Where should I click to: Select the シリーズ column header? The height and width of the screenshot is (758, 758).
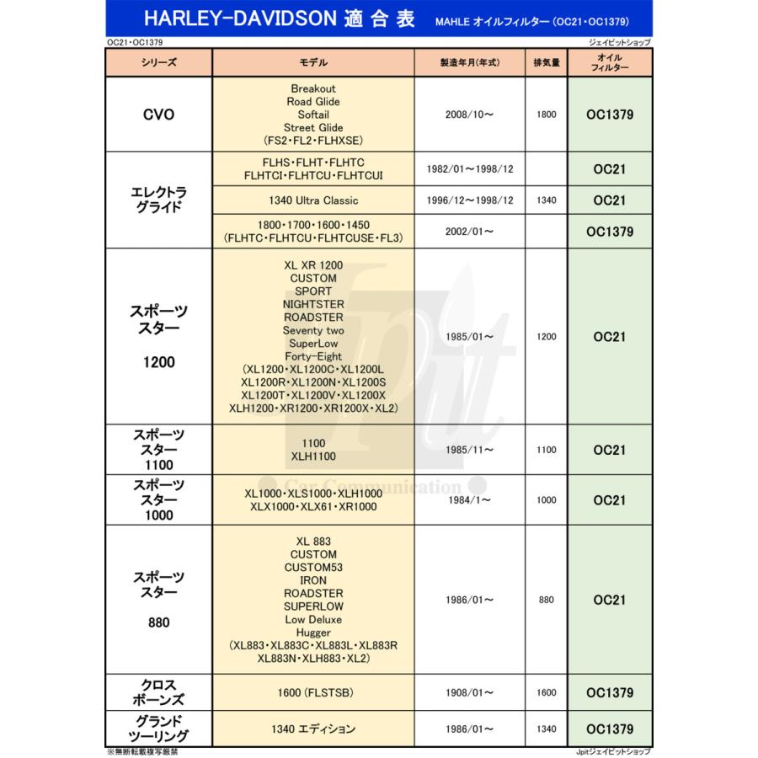point(158,63)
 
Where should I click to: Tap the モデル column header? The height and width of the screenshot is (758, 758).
point(313,63)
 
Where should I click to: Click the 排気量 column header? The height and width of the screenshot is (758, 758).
point(547,63)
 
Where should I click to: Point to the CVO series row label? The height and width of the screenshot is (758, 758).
point(158,115)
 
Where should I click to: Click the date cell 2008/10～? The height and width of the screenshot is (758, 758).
point(469,115)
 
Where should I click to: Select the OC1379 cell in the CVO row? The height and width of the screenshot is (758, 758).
point(609,115)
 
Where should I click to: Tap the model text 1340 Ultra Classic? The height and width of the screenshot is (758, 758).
point(313,200)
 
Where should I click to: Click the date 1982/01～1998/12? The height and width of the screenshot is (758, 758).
point(471,169)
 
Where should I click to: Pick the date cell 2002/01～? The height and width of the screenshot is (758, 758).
point(469,232)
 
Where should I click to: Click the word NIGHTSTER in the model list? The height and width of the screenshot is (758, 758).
point(313,304)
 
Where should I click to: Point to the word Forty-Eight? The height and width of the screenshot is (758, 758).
point(313,356)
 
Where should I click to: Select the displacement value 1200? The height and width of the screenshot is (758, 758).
point(547,337)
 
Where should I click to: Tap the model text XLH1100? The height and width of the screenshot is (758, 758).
point(313,456)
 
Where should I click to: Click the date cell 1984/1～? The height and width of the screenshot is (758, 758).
point(469,500)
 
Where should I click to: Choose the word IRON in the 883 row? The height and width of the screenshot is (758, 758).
point(313,580)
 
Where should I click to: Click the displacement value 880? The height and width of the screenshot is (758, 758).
point(547,601)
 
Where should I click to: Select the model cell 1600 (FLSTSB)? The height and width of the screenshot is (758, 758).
point(313,693)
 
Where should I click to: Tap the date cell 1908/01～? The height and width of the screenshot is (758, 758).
point(469,693)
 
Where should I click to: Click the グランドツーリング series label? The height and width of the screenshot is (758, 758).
point(158,729)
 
